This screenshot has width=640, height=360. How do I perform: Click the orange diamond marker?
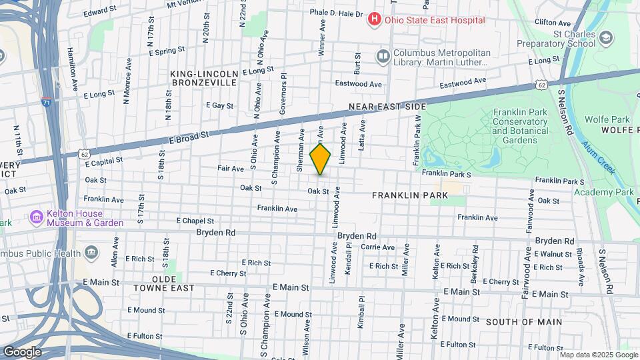click(321, 160)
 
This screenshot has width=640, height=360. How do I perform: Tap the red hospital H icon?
click(375, 20)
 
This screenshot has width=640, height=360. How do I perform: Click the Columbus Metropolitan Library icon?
click(383, 56)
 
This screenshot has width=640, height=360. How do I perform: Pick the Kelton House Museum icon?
click(36, 217)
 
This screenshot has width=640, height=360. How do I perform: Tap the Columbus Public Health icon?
click(91, 253)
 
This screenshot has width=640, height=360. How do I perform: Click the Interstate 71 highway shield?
click(45, 102)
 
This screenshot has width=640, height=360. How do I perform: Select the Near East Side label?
click(388, 107)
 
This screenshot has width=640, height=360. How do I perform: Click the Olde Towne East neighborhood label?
click(163, 283)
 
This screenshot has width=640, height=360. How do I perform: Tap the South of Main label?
click(523, 322)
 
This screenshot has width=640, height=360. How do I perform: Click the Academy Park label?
click(605, 192)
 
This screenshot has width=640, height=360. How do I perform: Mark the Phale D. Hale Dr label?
click(336, 13)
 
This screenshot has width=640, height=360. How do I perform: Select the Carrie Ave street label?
click(378, 247)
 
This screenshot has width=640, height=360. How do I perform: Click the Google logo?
click(22, 351)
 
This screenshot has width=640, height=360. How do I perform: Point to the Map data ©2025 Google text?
click(599, 355)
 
